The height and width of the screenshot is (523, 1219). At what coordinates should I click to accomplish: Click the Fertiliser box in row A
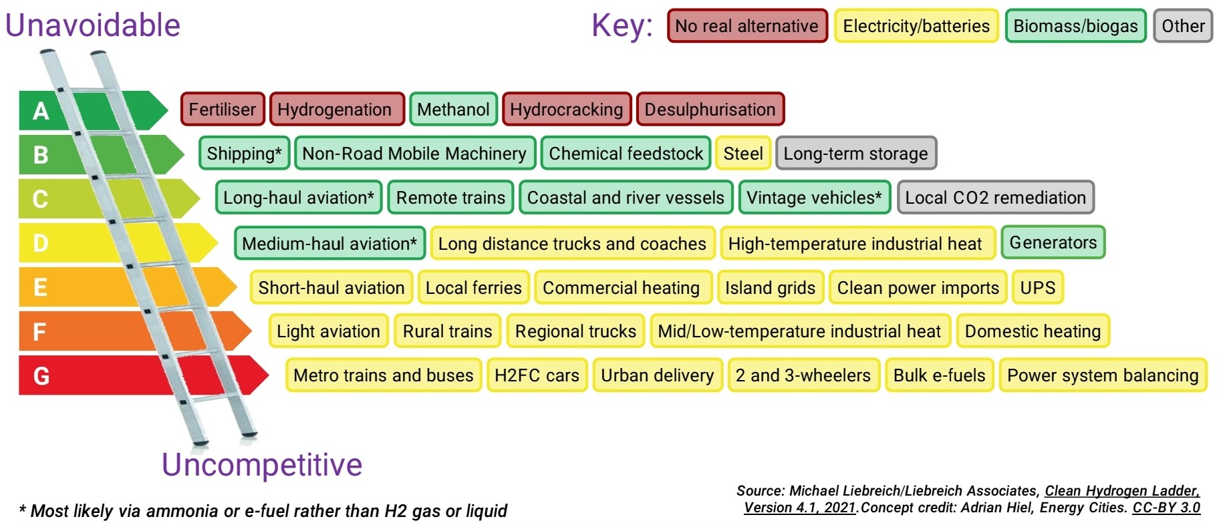pyautogui.click(x=223, y=109)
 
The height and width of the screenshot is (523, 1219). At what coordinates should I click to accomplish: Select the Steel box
pyautogui.click(x=743, y=153)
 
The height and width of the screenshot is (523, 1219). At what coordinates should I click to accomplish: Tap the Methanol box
pyautogui.click(x=453, y=109)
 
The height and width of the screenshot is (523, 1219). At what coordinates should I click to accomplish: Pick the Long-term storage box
pyautogui.click(x=855, y=153)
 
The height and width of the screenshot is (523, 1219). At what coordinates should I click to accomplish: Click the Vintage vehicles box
pyautogui.click(x=814, y=197)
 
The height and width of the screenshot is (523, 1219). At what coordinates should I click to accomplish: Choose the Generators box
pyautogui.click(x=1053, y=242)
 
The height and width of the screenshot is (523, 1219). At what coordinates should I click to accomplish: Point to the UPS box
pyautogui.click(x=1037, y=287)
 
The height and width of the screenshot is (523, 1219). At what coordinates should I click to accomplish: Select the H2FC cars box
pyautogui.click(x=537, y=375)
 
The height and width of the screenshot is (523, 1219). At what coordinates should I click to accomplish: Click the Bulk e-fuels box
pyautogui.click(x=939, y=375)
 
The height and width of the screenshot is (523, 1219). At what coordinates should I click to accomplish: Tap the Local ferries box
pyautogui.click(x=473, y=287)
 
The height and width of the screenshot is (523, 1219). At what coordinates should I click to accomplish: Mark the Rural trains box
pyautogui.click(x=447, y=331)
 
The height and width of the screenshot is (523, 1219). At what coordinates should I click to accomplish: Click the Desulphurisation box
pyautogui.click(x=710, y=109)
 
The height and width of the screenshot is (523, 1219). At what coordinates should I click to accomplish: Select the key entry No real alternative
pyautogui.click(x=747, y=26)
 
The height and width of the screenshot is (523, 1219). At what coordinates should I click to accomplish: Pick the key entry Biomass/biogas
pyautogui.click(x=1075, y=26)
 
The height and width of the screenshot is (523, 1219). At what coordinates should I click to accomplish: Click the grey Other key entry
pyautogui.click(x=1183, y=26)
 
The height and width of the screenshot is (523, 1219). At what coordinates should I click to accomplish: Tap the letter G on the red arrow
pyautogui.click(x=41, y=375)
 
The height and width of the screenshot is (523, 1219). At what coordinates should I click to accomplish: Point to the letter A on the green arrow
pyautogui.click(x=41, y=110)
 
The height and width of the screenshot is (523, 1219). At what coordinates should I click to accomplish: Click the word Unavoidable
pyautogui.click(x=93, y=25)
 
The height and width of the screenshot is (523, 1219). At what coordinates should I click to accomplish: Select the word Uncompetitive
pyautogui.click(x=262, y=465)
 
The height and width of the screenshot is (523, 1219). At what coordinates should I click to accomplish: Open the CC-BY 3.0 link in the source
pyautogui.click(x=1166, y=508)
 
